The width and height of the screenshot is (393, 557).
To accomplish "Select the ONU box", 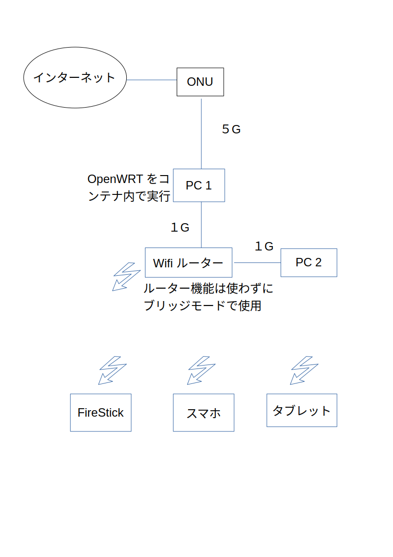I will click(x=200, y=82).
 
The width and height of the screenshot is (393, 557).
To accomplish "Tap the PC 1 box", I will click(x=199, y=186).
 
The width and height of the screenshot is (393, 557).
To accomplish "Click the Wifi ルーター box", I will click(x=188, y=262).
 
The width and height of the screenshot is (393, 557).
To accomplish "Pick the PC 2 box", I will click(x=308, y=262).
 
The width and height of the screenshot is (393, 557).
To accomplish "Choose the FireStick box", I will click(x=100, y=413).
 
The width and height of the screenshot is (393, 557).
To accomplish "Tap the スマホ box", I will click(x=203, y=413).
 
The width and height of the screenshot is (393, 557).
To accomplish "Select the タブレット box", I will click(x=301, y=411).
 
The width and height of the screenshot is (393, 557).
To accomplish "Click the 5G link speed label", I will click(x=231, y=129).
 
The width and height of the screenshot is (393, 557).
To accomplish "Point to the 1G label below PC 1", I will click(x=180, y=228).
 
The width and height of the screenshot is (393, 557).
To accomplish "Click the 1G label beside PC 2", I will click(x=264, y=246).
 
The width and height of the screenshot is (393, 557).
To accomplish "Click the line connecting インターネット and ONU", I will click(x=151, y=80).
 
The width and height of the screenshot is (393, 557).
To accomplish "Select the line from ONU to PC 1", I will click(x=201, y=134).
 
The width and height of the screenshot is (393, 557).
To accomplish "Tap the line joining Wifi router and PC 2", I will click(x=256, y=262).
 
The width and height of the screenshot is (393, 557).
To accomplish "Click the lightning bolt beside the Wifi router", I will click(x=126, y=276).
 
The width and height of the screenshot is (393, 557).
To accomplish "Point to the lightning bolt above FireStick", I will click(x=112, y=370).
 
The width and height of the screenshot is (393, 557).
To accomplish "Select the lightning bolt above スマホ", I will click(x=201, y=370).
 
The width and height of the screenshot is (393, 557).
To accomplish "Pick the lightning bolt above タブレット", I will click(x=304, y=370).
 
